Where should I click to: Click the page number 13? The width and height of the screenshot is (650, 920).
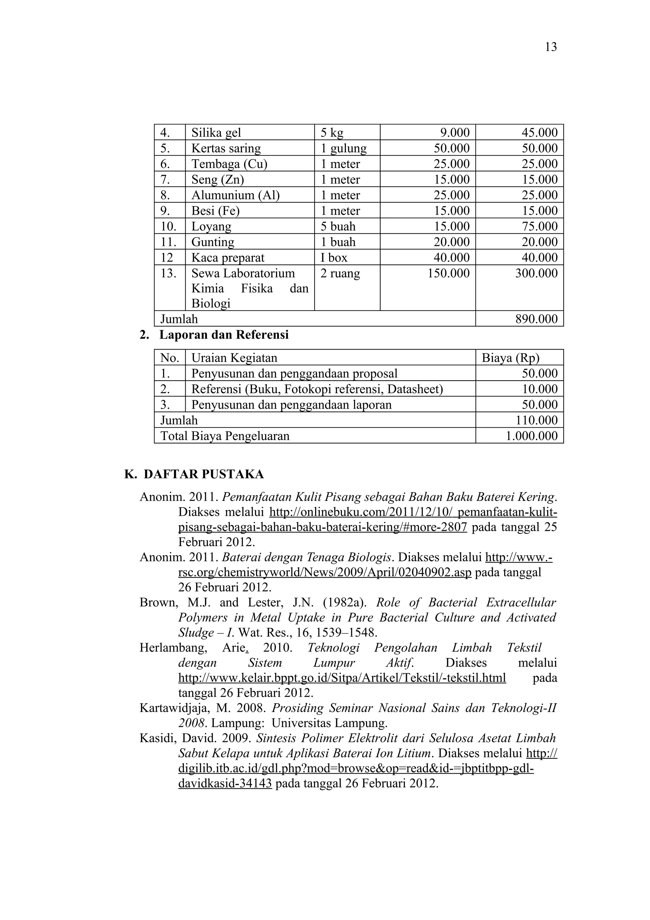point(551,47)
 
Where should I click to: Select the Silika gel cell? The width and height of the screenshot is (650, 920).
point(216,133)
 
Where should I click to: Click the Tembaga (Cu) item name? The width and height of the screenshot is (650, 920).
point(229,164)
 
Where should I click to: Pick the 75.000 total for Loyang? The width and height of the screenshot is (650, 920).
point(540,226)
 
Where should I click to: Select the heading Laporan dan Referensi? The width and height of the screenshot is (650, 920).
point(224,335)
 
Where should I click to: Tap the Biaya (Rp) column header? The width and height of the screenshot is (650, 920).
point(510,357)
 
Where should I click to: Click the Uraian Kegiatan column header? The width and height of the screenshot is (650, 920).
point(234,357)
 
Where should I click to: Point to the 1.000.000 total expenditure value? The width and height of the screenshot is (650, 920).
point(531,436)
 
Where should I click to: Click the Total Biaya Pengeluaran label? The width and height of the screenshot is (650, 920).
point(225,436)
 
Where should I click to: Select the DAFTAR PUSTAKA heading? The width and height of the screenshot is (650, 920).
point(203,474)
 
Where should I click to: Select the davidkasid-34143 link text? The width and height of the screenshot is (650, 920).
point(225,783)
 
